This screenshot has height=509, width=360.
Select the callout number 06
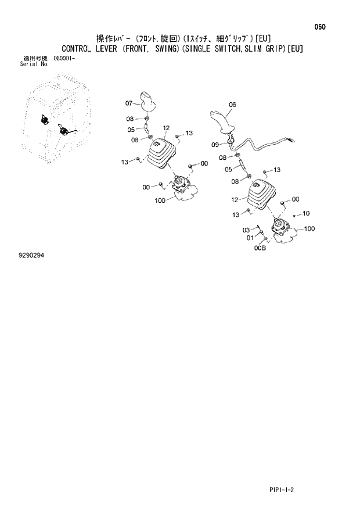pyautogui.click(x=232, y=105)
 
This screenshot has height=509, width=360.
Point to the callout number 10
pyautogui.click(x=306, y=213)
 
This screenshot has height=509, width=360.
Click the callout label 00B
pyautogui.click(x=260, y=248)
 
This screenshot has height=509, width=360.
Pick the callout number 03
pyautogui.click(x=246, y=230)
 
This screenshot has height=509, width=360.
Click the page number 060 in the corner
pyautogui.click(x=319, y=27)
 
